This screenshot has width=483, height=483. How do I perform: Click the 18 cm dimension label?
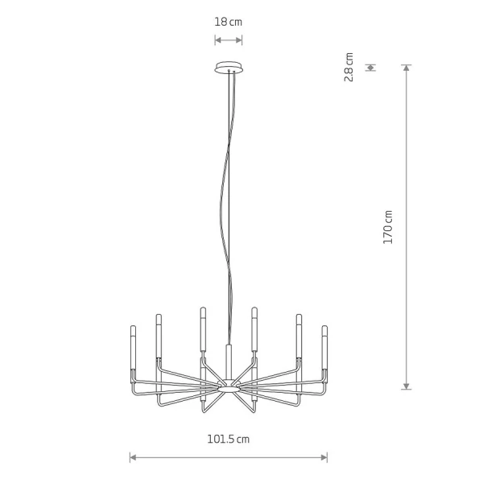(229, 22)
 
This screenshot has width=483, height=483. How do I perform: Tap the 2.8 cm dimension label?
(349, 67)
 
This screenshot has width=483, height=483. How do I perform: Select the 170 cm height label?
(388, 227)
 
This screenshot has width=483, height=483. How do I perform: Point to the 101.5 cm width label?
(229, 439)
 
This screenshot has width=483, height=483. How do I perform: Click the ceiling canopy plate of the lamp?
(229, 68)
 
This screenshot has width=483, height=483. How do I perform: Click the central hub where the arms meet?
(229, 386)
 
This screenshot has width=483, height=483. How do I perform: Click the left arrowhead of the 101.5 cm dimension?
(133, 457)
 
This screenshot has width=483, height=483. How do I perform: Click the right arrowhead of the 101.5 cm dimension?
(324, 457)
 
